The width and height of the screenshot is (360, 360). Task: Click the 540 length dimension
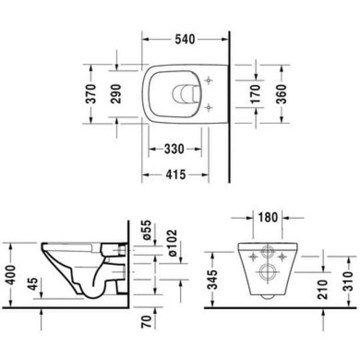186,39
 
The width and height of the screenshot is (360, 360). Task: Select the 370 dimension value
91,94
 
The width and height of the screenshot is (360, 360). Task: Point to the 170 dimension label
255,94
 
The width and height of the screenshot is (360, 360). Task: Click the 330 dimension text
174,149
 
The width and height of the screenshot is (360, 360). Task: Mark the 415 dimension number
175,175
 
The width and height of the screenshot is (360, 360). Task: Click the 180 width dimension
268,217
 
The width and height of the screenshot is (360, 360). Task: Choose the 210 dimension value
322,289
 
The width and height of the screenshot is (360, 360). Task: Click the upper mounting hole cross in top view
208,81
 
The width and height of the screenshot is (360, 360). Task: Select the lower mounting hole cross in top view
208,107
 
